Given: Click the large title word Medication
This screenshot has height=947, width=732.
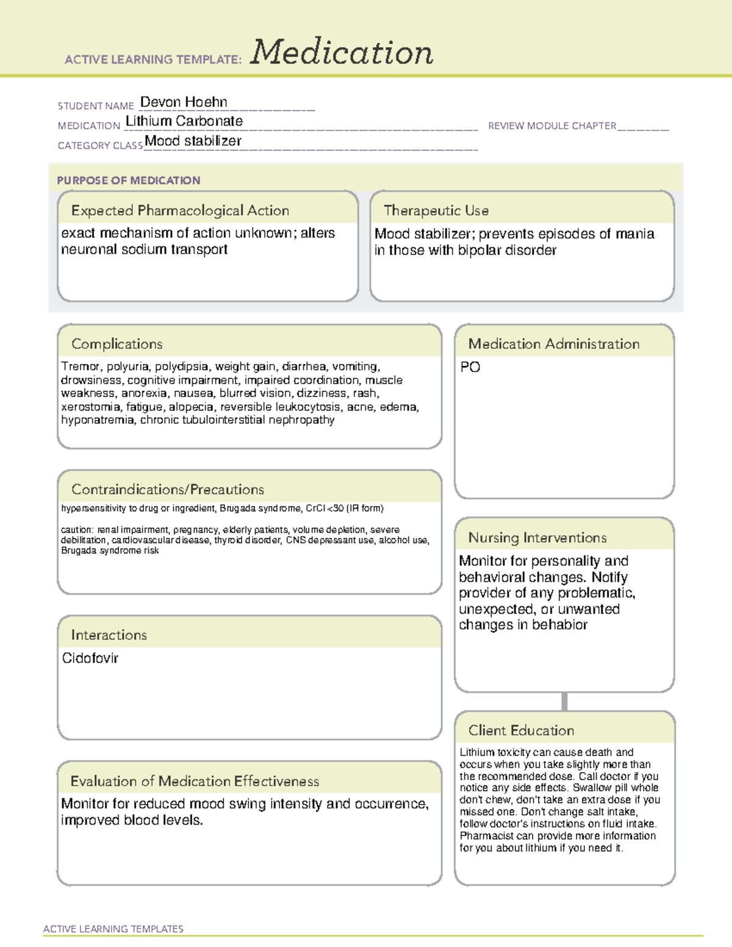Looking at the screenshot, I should [x=341, y=52].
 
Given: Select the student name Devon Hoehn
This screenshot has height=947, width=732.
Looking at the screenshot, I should [x=184, y=102].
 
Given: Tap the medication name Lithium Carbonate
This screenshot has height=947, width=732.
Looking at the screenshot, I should [x=184, y=121].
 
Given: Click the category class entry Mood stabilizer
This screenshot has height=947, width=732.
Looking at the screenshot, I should [x=193, y=141].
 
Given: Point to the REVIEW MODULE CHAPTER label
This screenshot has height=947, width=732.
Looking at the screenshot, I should [x=552, y=126].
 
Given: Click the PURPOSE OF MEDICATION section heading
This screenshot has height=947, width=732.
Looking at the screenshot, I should [x=128, y=180].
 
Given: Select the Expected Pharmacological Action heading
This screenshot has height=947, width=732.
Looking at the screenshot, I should [x=180, y=210].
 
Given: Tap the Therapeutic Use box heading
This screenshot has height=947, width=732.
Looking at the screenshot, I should [x=436, y=210].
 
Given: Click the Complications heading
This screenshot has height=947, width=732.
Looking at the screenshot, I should [x=117, y=344].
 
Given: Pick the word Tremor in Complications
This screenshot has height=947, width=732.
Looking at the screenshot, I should [x=81, y=366].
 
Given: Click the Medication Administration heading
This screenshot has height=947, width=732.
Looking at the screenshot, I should [x=553, y=344].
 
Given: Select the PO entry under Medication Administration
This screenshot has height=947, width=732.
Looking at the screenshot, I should [x=470, y=367].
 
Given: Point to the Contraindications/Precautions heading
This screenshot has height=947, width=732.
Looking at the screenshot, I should [x=167, y=489].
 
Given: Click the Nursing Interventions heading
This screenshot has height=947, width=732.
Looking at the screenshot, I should [x=537, y=537].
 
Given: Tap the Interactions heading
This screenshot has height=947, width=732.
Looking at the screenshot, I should [x=109, y=635].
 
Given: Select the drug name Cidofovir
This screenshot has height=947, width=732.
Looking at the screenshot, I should [x=90, y=658].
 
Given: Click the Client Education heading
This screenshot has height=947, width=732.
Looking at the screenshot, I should [x=521, y=730].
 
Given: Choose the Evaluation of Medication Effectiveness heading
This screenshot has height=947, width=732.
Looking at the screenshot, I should [x=195, y=781].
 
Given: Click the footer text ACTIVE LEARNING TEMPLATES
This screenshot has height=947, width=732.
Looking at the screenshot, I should [x=113, y=929].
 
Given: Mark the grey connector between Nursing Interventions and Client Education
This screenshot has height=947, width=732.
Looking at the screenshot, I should [x=564, y=701].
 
